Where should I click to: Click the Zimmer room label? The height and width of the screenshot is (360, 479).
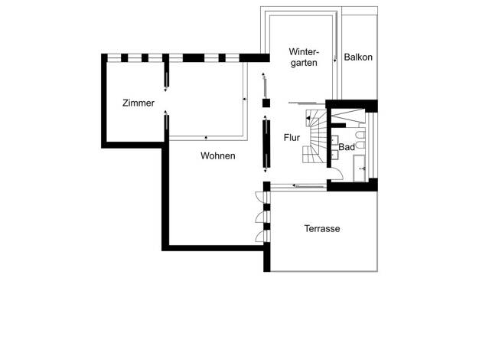point(138,103)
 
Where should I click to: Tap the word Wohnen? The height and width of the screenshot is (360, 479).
point(218,156)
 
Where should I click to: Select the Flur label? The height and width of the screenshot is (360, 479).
point(292,138)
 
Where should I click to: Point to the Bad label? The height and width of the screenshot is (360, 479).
point(347,147)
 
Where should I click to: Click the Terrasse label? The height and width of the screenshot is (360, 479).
point(322,229)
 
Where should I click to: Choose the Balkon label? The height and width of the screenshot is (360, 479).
point(358,57)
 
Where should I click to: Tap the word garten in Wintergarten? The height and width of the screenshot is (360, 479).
point(304,63)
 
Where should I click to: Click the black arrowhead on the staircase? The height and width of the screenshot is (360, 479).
point(308,118)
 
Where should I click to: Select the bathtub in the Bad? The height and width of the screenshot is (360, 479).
point(360,169)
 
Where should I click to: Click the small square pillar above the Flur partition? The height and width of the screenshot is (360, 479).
point(266,103)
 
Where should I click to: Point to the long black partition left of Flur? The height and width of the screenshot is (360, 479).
point(266,144)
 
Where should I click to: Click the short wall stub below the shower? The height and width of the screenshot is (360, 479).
point(338,126)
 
